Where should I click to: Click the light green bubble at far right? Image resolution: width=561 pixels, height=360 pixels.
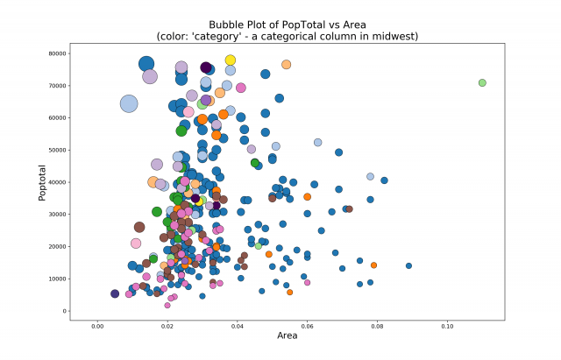pos(482,82)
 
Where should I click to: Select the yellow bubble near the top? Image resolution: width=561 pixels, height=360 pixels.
pos(231,60)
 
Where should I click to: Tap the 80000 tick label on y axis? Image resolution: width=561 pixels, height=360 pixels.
pos(59,53)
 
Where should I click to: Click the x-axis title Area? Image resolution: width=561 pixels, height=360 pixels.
pos(288,335)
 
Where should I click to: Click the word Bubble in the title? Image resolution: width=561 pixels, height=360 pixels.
pos(226,25)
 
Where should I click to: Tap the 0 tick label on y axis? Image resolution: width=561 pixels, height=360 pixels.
pos(65,311)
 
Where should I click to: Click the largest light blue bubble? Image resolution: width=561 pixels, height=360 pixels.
pos(129,103)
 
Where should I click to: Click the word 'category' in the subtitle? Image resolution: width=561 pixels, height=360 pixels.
pos(231,36)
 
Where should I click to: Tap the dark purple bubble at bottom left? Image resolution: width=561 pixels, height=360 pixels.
pos(115,293)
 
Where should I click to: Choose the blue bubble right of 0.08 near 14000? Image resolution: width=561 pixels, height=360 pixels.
pos(408,265)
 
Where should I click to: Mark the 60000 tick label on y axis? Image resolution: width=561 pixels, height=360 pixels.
pos(59,117)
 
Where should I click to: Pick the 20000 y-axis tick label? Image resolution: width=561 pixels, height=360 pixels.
pos(59,246)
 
